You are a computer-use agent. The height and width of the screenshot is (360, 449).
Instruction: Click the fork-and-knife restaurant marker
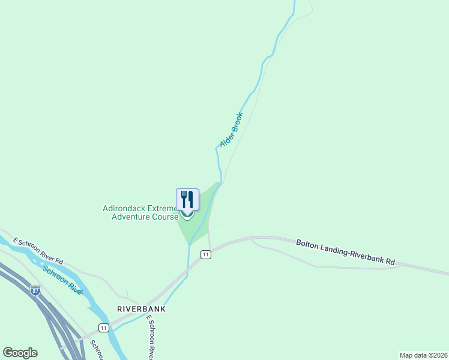coord(187,200)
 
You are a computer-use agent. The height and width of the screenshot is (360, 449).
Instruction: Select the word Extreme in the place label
coord(162,209)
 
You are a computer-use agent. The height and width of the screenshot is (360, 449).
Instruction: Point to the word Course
coord(165,217)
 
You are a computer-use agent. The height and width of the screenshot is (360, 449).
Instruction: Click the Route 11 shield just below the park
coord(206,254)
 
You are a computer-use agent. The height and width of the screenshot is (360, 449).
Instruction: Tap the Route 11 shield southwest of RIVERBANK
coord(104,328)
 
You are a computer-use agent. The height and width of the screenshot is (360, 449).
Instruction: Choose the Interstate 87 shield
coord(35,291)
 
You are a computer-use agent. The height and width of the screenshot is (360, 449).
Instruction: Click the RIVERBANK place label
coord(140,308)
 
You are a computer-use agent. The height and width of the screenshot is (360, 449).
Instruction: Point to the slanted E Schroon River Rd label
coord(39,251)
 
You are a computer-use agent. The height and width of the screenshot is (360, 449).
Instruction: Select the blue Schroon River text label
coord(62,280)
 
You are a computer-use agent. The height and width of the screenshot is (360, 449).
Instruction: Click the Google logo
coord(20,352)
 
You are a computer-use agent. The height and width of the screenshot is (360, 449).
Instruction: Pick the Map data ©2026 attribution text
coord(423,355)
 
